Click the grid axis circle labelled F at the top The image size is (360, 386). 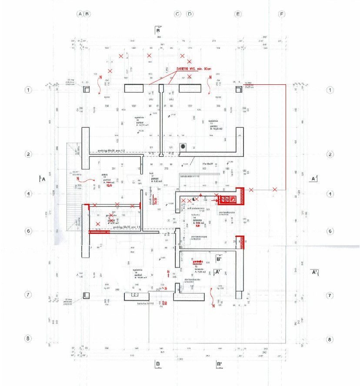coord(282,14)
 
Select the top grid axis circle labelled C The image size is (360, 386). coord(177,14)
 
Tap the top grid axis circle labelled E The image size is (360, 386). coord(238,14)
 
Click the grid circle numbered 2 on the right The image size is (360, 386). coord(330,154)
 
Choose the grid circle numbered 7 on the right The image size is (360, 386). coord(330,295)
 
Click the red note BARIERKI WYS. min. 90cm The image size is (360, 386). coord(193,69)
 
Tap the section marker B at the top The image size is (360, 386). coord(158,30)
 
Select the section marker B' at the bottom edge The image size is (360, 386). coord(220,364)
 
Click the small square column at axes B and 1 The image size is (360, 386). coord(87,89)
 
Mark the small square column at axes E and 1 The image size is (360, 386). coord(238,89)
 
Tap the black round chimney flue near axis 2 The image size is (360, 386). coord(183,146)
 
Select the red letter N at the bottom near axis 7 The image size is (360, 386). coord(213,306)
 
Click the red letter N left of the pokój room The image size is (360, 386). coord(78,179)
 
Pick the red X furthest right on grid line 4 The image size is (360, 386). coord(274,190)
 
